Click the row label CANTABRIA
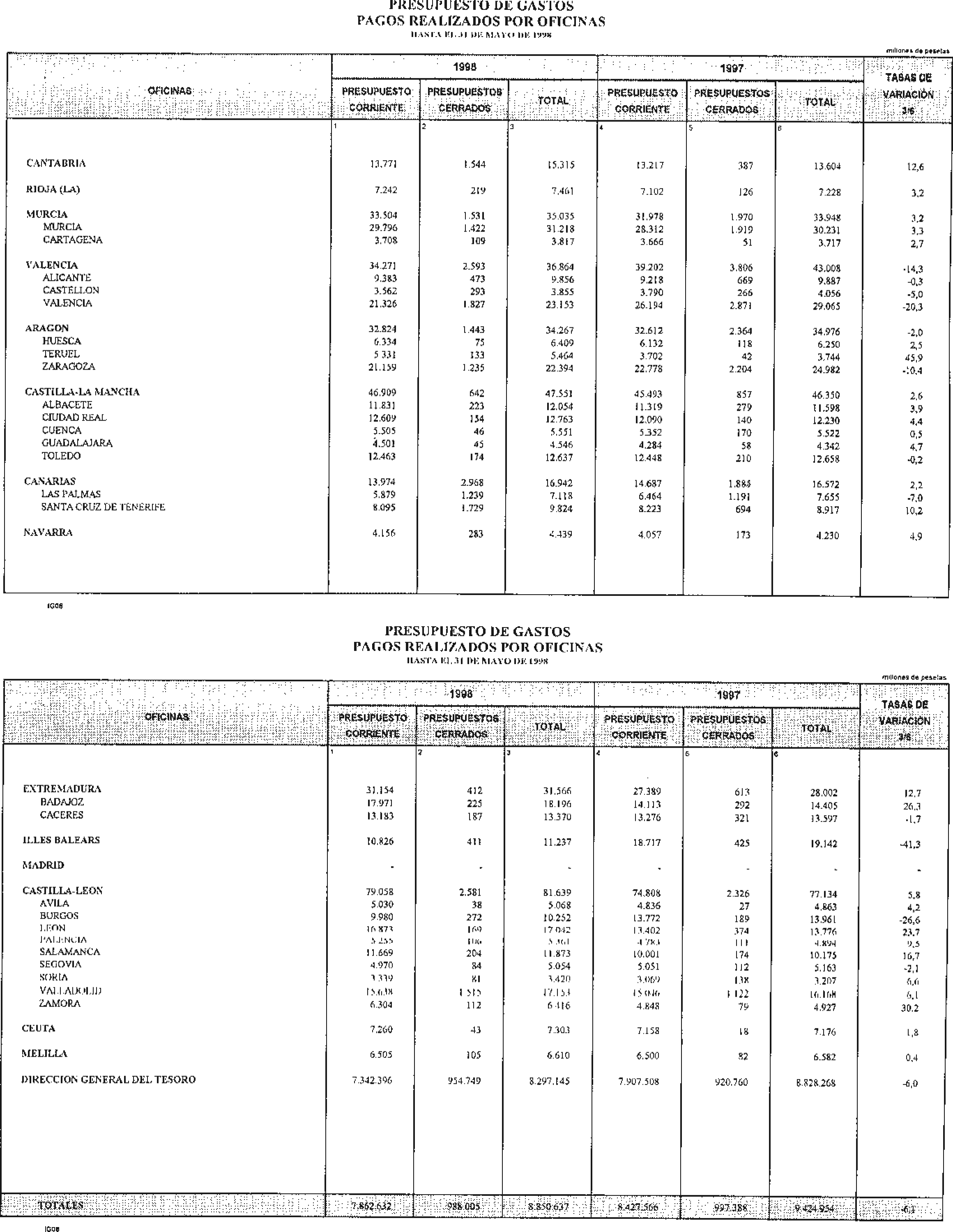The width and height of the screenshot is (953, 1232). click(x=56, y=163)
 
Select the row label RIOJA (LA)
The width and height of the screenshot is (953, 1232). click(x=53, y=190)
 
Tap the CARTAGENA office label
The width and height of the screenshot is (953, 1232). click(x=73, y=240)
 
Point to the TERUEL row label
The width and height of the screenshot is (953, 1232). click(x=61, y=354)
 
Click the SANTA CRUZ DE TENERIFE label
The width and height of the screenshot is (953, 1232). click(x=103, y=507)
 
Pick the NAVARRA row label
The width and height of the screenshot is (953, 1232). click(x=48, y=533)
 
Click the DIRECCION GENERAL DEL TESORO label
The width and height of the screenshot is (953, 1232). click(x=108, y=1080)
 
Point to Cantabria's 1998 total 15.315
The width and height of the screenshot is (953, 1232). click(x=560, y=165)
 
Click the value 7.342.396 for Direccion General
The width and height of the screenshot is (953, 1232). click(x=372, y=1081)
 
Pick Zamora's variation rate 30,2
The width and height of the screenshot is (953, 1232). click(x=909, y=1008)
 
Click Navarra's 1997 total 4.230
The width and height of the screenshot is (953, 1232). click(x=827, y=536)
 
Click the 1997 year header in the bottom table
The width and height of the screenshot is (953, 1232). click(x=728, y=696)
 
